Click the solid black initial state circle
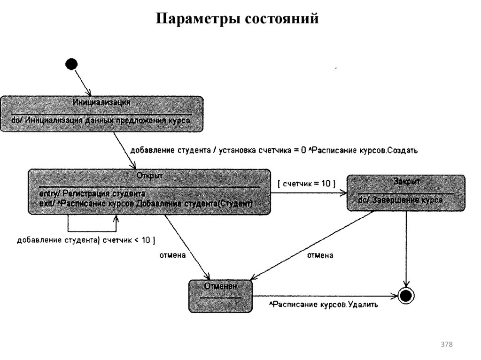71,63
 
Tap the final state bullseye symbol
406,295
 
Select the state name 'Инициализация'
101,102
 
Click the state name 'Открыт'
149,175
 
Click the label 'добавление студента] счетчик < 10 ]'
86,240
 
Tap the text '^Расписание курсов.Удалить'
323,305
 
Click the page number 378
446,345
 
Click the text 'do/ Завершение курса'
400,200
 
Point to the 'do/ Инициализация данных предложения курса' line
101,120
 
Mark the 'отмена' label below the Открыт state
172,255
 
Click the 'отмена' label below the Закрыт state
320,255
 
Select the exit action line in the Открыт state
146,203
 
